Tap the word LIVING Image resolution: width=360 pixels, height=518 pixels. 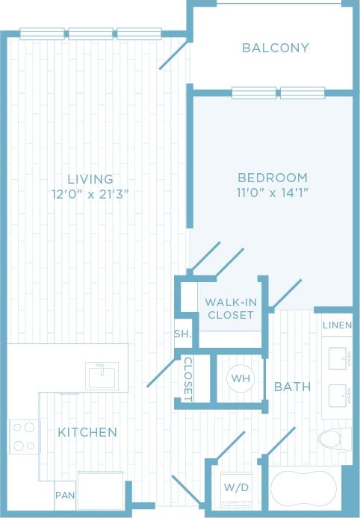click(x=90, y=179)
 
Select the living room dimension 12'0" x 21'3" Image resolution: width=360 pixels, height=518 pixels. click(x=90, y=195)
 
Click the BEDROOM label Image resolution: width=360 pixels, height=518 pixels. click(x=272, y=178)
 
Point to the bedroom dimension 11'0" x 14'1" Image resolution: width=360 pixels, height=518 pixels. click(x=272, y=193)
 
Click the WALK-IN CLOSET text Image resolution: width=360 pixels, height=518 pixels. click(x=229, y=308)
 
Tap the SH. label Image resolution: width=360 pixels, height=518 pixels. click(x=182, y=334)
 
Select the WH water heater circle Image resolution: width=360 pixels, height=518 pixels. click(x=240, y=378)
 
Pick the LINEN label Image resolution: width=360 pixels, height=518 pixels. click(x=338, y=326)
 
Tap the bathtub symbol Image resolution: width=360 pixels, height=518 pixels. click(x=303, y=490)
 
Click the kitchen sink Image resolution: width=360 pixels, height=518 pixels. click(x=102, y=375)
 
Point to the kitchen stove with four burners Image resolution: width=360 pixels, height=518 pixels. click(x=24, y=437)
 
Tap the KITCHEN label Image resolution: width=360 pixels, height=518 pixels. click(x=87, y=432)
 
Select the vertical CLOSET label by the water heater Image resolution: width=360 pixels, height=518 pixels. click(x=188, y=379)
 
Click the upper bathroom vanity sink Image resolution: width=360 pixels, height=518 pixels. click(x=341, y=358)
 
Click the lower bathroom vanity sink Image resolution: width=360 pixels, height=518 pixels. click(x=341, y=393)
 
